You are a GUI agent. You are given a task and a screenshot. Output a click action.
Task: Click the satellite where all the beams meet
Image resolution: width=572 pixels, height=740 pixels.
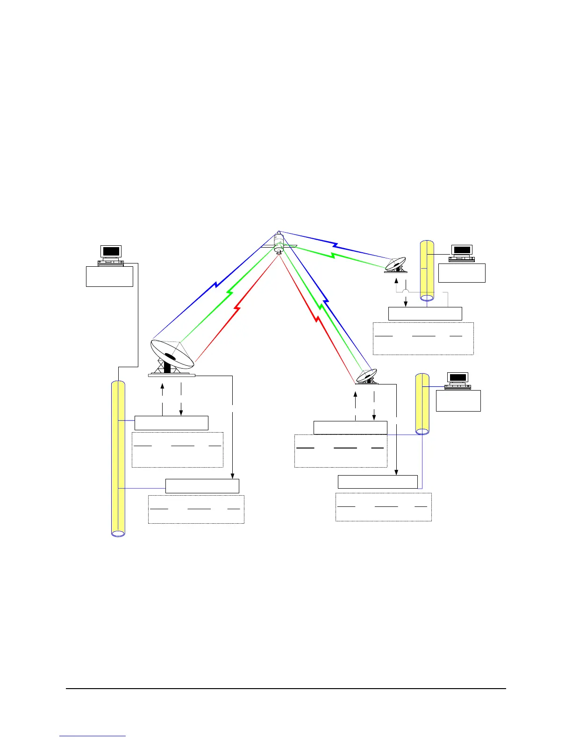coord(279,243)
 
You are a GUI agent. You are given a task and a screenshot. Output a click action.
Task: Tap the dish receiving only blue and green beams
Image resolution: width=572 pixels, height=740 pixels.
coord(395,265)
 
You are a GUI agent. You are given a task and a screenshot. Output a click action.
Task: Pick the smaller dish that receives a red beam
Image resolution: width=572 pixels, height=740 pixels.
coord(367,376)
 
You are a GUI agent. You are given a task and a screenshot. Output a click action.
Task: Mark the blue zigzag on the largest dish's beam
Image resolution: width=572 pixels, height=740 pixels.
coord(216,283)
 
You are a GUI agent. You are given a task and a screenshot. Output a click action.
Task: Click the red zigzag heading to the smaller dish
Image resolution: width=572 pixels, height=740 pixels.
coord(317,319)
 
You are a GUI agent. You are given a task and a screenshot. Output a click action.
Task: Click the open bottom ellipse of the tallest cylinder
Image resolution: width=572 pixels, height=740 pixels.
coord(118,533)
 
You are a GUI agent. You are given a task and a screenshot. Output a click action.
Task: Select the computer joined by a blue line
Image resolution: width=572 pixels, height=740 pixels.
coord(458,381)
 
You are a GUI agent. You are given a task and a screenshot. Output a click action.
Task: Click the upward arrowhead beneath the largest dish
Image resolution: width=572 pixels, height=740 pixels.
coord(162,386)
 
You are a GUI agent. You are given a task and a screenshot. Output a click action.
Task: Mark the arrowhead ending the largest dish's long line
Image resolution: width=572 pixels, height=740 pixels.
coord(232,476)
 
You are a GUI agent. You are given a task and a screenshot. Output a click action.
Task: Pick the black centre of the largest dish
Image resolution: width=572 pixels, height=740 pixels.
coord(170,357)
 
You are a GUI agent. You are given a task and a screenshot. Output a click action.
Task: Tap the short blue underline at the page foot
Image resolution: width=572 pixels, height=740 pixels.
coord(93,736)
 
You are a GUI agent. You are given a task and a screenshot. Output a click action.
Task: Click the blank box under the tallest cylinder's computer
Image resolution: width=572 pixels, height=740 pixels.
coord(110,276)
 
